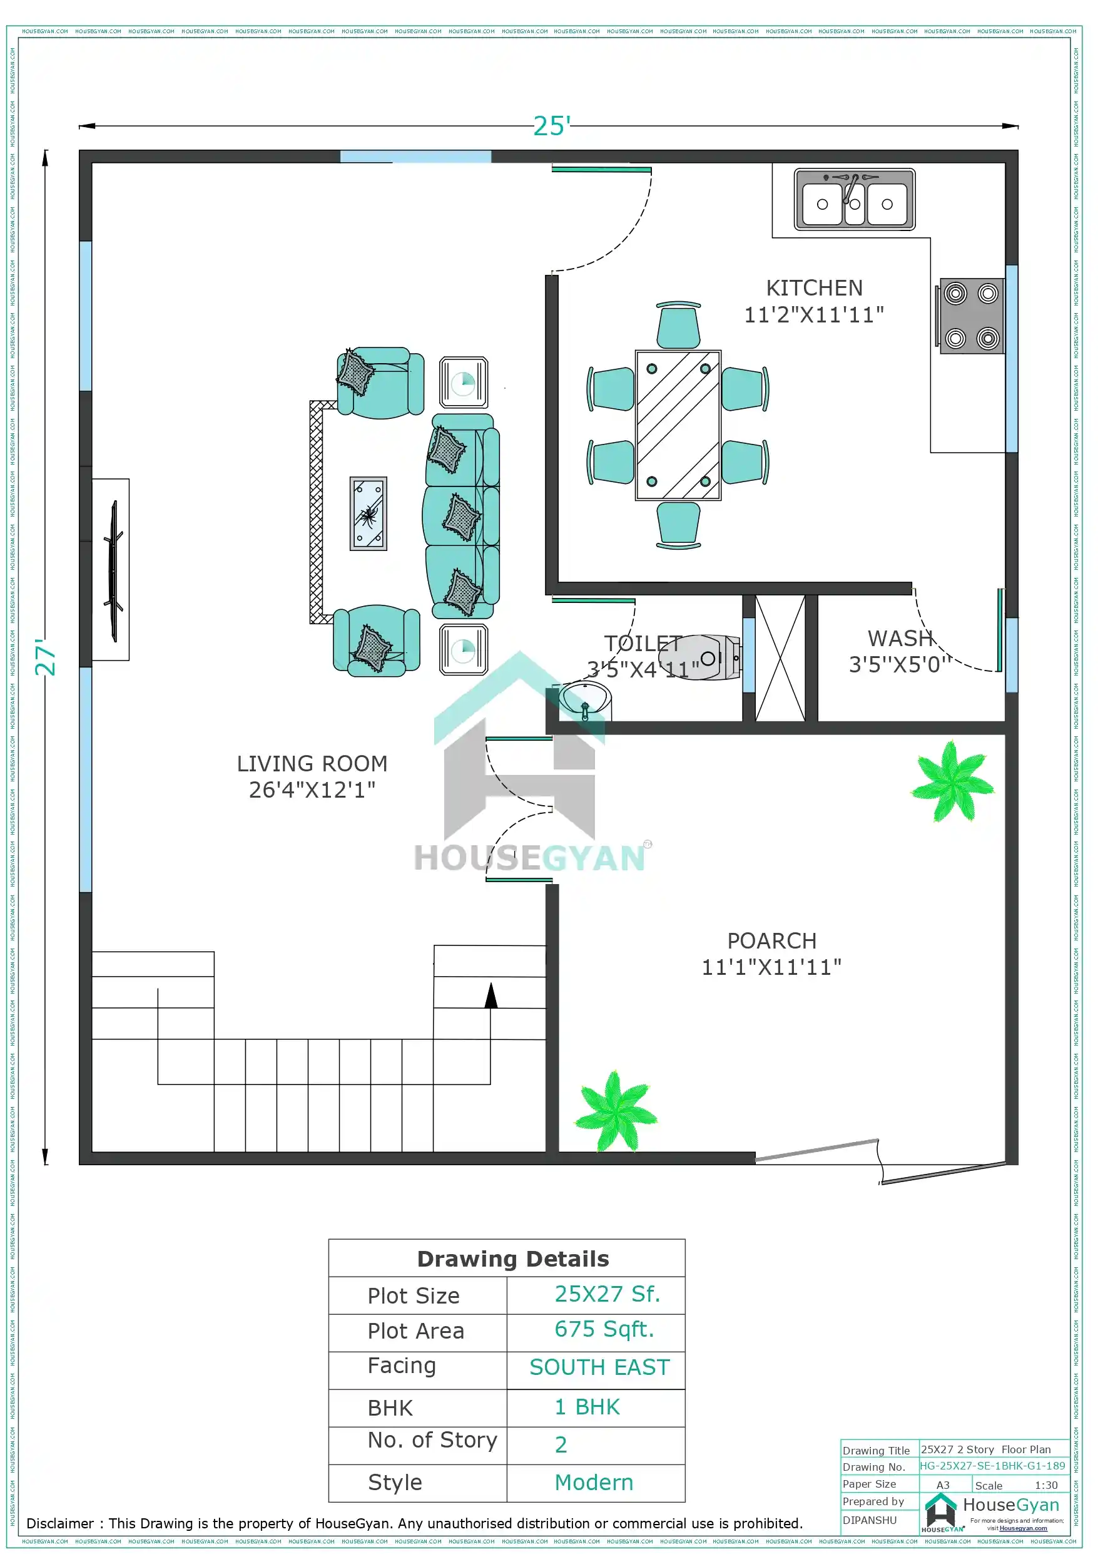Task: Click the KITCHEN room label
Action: (814, 289)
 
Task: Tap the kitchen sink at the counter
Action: (854, 200)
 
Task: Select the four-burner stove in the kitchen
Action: (971, 316)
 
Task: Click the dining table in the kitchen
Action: (677, 425)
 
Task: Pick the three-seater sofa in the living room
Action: (462, 517)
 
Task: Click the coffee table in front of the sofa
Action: (368, 513)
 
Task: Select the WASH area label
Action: (900, 638)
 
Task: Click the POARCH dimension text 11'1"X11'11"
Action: (771, 967)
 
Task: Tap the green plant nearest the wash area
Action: (953, 782)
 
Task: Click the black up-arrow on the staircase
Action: (491, 996)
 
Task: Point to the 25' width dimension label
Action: (551, 126)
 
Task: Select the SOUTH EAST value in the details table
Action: (599, 1367)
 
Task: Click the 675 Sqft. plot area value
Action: (604, 1329)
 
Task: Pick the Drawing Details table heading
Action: (513, 1259)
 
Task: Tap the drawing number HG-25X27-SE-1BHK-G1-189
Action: (992, 1465)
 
